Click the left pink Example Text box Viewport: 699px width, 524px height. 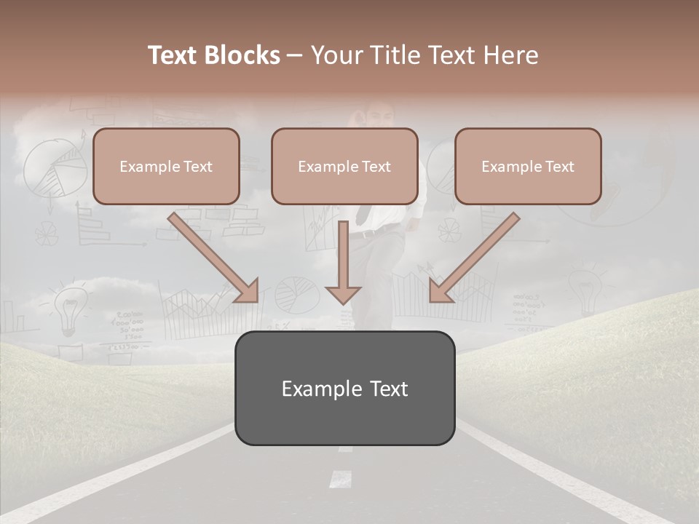point(166,167)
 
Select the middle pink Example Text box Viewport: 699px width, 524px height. point(344,167)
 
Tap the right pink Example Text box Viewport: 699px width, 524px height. point(528,167)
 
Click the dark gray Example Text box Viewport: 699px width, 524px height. point(344,388)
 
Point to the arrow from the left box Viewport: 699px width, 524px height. point(215,258)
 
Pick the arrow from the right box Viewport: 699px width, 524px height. point(473,258)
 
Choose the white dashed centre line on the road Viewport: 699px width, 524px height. point(340,478)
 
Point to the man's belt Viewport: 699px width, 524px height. point(371,233)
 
